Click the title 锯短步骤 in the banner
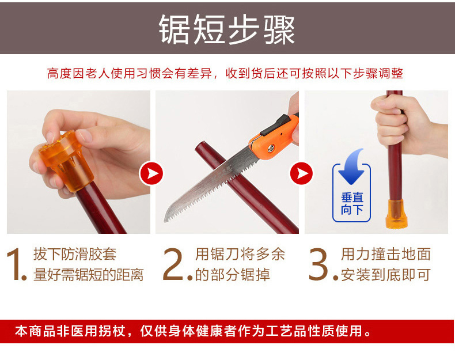[x=227, y=29]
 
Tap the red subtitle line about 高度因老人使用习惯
[x=225, y=74]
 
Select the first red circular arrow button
[x=151, y=173]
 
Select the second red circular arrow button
[x=301, y=173]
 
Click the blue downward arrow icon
[x=352, y=165]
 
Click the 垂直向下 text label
[x=352, y=203]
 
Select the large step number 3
[x=321, y=264]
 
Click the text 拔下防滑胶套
[x=74, y=254]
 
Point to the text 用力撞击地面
[x=385, y=254]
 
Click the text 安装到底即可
[x=385, y=275]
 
